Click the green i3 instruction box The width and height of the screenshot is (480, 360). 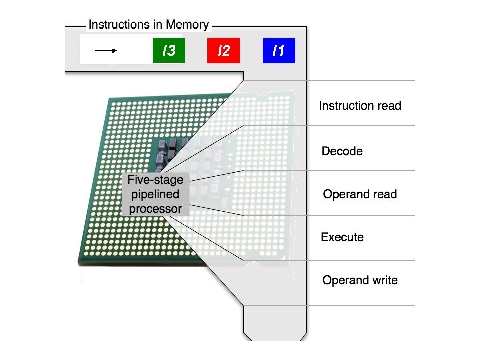click(x=169, y=51)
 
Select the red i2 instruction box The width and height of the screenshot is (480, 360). click(x=223, y=51)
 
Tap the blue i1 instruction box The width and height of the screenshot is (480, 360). click(x=279, y=51)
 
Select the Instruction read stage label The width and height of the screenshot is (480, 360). click(x=360, y=105)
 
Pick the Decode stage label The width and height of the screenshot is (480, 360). click(x=342, y=151)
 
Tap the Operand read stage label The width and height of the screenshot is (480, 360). click(x=359, y=195)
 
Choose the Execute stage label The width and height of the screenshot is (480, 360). click(x=342, y=237)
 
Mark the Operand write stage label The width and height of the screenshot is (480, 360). click(x=360, y=280)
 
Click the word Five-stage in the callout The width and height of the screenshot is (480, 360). click(x=155, y=180)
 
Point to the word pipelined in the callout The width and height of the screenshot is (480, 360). click(x=155, y=195)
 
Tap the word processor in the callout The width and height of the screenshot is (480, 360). click(x=155, y=209)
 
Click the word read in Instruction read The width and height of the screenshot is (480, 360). click(x=389, y=105)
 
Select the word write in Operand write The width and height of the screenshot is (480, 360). click(x=385, y=280)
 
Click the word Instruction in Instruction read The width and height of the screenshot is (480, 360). click(x=346, y=105)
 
